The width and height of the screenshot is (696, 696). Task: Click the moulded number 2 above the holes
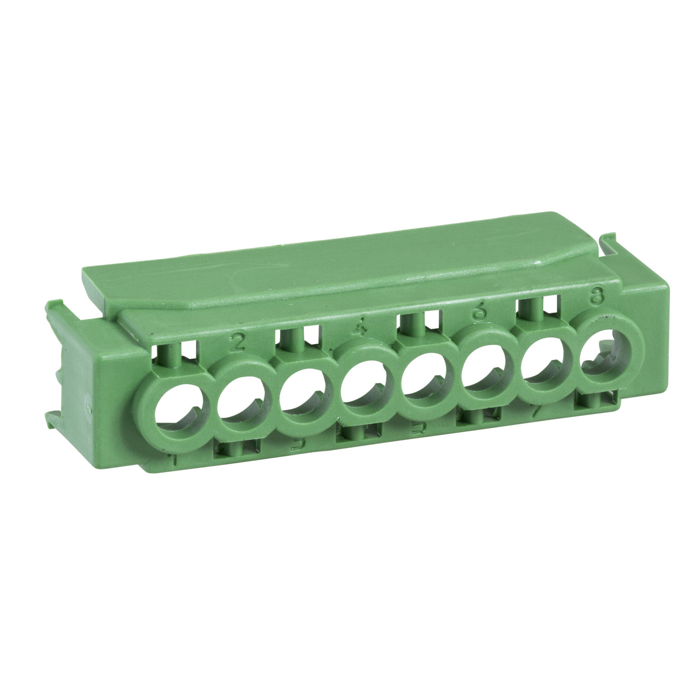[x=237, y=341]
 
